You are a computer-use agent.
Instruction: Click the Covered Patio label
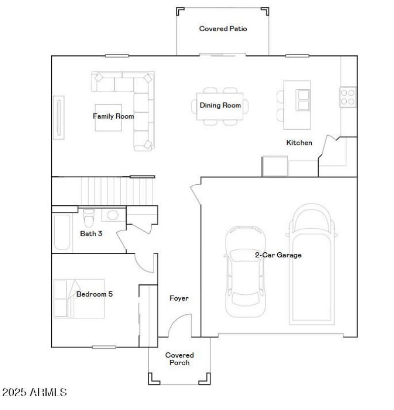pyautogui.click(x=223, y=29)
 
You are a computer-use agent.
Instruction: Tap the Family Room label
pyautogui.click(x=113, y=117)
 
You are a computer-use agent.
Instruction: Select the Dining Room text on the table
pyautogui.click(x=220, y=105)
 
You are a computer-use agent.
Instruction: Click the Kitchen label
pyautogui.click(x=299, y=143)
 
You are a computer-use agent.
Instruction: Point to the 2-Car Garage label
pyautogui.click(x=278, y=255)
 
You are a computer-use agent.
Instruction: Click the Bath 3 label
pyautogui.click(x=91, y=234)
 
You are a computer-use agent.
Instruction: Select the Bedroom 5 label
pyautogui.click(x=95, y=295)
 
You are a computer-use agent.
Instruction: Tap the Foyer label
pyautogui.click(x=179, y=299)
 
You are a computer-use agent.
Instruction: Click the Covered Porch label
pyautogui.click(x=179, y=359)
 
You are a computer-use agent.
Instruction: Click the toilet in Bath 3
pyautogui.click(x=89, y=216)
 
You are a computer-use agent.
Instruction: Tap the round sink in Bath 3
pyautogui.click(x=113, y=215)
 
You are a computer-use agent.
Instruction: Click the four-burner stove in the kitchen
pyautogui.click(x=348, y=97)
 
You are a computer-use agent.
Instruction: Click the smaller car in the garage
pyautogui.click(x=245, y=271)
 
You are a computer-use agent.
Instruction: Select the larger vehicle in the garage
pyautogui.click(x=312, y=266)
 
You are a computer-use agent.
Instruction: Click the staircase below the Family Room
pyautogui.click(x=118, y=191)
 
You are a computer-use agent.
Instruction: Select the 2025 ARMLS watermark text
pyautogui.click(x=34, y=393)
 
